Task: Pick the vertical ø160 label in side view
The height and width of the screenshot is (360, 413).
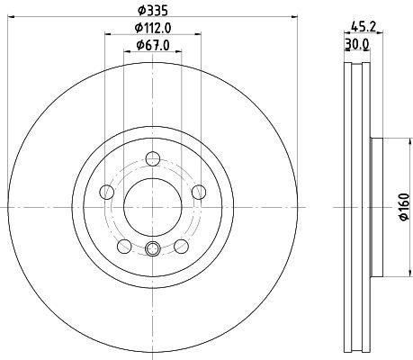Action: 404,207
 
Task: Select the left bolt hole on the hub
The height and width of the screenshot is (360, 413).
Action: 106,191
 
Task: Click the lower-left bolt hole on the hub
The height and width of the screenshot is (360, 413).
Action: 123,245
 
